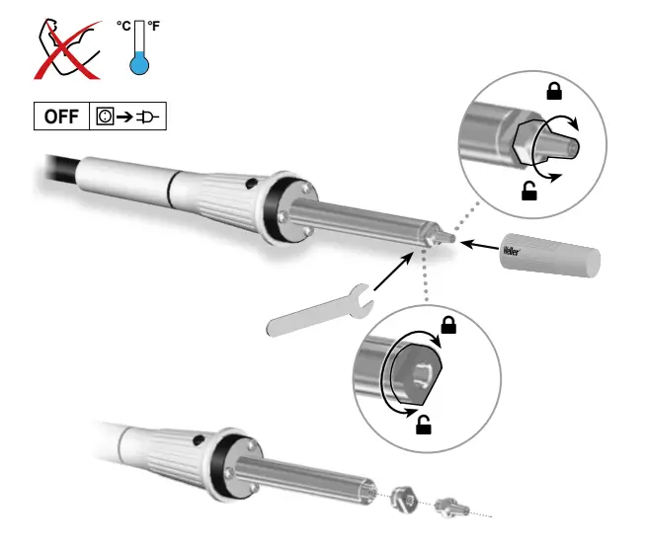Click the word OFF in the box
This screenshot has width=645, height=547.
click(61, 117)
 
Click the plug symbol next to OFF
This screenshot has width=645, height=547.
click(149, 117)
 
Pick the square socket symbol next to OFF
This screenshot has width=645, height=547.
click(104, 117)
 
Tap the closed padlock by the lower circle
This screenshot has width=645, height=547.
click(448, 324)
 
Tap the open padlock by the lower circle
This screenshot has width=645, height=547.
click(423, 426)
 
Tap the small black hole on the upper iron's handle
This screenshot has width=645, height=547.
click(253, 182)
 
